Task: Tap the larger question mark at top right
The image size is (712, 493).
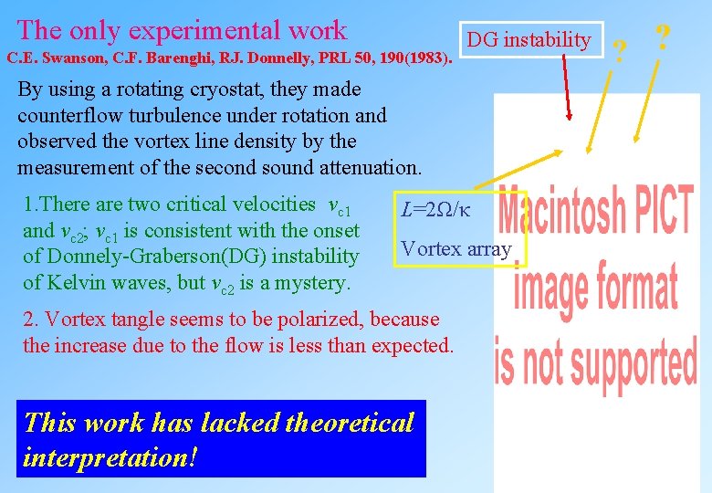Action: pos(664,38)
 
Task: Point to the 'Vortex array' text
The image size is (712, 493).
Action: pos(456,248)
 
